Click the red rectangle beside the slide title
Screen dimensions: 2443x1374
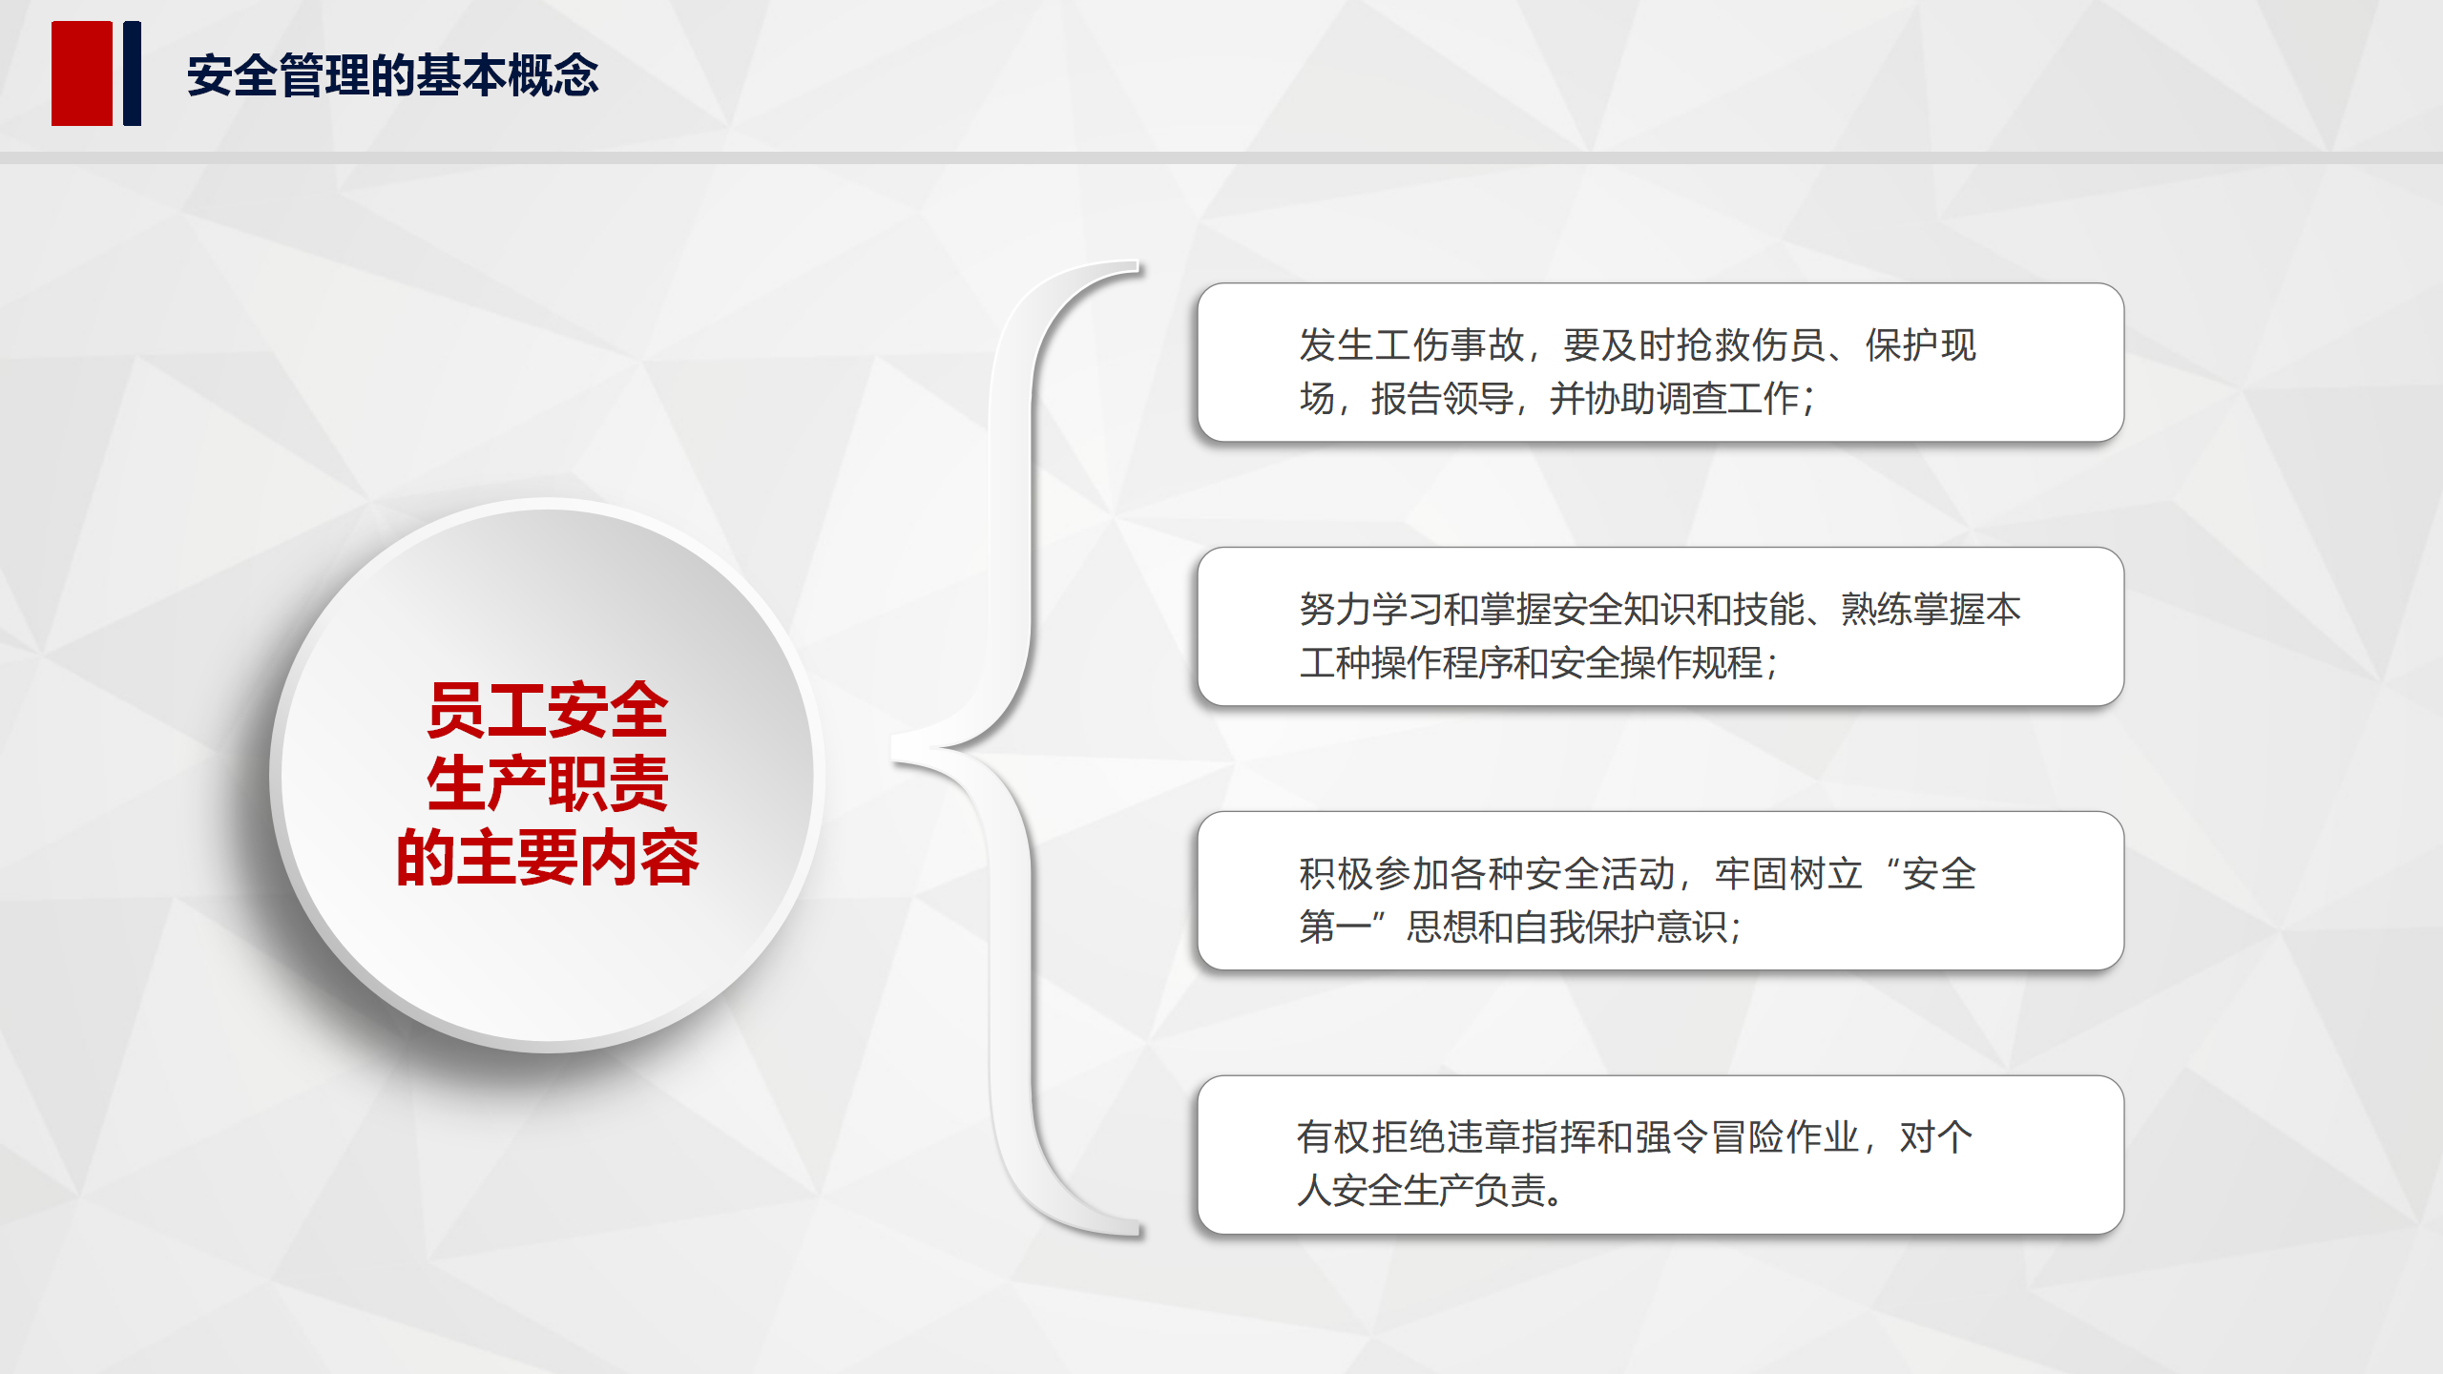tap(82, 73)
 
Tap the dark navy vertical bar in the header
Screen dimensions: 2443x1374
tap(133, 73)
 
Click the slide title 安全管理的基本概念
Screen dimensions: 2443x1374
tap(393, 75)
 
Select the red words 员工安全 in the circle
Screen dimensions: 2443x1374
tap(548, 711)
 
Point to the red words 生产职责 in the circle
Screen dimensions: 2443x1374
tap(548, 784)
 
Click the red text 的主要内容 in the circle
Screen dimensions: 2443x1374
tap(548, 858)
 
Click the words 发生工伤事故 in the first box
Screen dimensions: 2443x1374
tap(1411, 345)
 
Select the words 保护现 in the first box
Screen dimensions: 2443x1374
tap(1920, 345)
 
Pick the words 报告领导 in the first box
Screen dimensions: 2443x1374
tap(1442, 399)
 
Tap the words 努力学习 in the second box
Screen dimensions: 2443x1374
tap(1371, 610)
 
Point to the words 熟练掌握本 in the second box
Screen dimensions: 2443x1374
tap(1931, 610)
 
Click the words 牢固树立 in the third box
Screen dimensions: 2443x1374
tap(1788, 874)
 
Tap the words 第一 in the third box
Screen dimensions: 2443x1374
tap(1335, 926)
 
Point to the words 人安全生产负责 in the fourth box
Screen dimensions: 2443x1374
tap(1422, 1191)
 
